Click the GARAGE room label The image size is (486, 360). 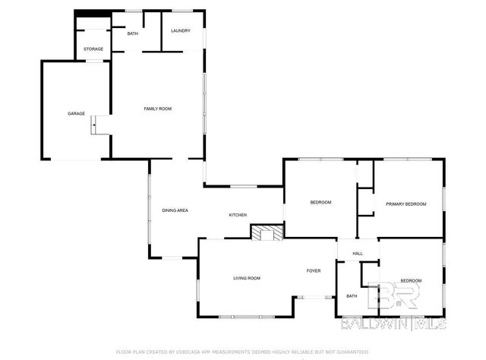pyautogui.click(x=76, y=113)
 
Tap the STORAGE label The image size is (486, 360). pyautogui.click(x=93, y=49)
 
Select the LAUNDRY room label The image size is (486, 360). pyautogui.click(x=180, y=30)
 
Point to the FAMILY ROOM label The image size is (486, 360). pyautogui.click(x=158, y=109)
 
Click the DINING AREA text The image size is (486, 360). pyautogui.click(x=175, y=210)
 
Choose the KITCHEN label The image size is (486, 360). pyautogui.click(x=238, y=216)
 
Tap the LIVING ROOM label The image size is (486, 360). pyautogui.click(x=247, y=278)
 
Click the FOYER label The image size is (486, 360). pyautogui.click(x=314, y=270)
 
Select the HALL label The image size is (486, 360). pyautogui.click(x=357, y=254)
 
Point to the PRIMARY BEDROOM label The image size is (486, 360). pyautogui.click(x=406, y=204)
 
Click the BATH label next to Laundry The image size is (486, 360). pyautogui.click(x=132, y=33)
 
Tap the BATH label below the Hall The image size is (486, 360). pyautogui.click(x=352, y=296)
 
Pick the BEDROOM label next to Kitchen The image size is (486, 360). pyautogui.click(x=321, y=203)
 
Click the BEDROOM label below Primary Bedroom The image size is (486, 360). pyautogui.click(x=411, y=281)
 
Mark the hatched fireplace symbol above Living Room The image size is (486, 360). pyautogui.click(x=267, y=232)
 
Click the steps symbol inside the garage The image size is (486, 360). pyautogui.click(x=96, y=125)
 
